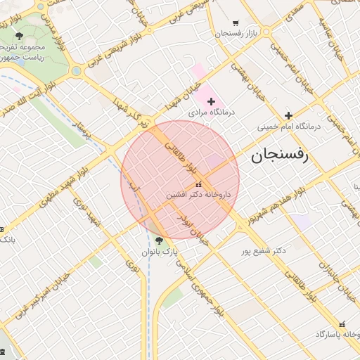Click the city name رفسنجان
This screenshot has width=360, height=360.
(279, 156)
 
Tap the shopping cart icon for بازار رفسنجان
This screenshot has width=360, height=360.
(235, 22)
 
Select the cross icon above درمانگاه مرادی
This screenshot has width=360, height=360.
(211, 101)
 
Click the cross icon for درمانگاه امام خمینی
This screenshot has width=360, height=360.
(288, 115)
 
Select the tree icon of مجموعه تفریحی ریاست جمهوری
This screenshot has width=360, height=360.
(19, 36)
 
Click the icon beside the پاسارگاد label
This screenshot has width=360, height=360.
(342, 324)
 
